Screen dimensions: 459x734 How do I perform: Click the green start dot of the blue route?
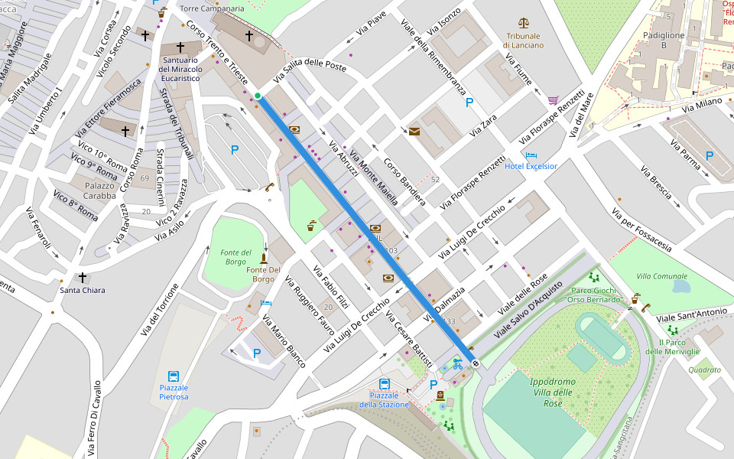(258, 96)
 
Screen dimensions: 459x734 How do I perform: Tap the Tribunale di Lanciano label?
(523, 41)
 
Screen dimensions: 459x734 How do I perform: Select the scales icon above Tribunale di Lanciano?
(523, 24)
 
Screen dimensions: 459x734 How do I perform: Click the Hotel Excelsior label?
(531, 166)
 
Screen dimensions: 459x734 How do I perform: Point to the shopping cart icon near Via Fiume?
(553, 100)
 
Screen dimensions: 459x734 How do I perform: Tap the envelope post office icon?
(414, 132)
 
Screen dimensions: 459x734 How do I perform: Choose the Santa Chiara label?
(83, 290)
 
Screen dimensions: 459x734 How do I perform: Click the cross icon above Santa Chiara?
(83, 277)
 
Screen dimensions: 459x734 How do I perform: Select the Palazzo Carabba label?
(99, 190)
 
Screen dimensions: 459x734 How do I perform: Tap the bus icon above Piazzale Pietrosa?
(174, 376)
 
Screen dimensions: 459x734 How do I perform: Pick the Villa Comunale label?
(661, 275)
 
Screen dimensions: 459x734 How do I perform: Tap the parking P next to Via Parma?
(709, 155)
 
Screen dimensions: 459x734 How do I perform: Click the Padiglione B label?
(664, 41)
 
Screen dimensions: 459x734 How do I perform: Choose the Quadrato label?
(703, 369)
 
